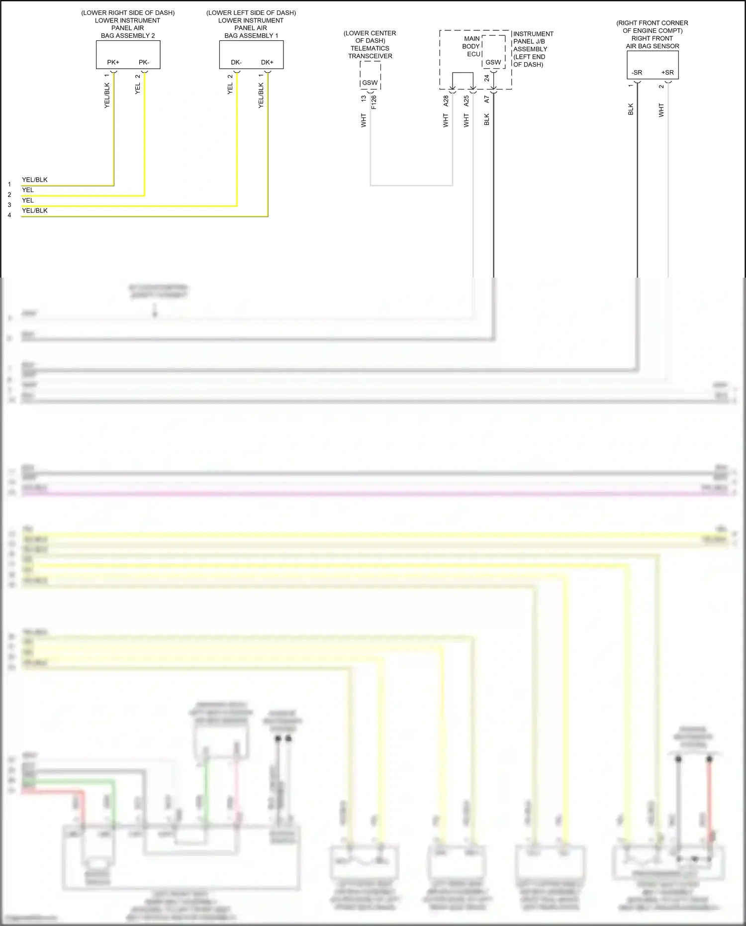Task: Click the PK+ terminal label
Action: tap(113, 62)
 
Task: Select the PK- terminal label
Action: tap(144, 62)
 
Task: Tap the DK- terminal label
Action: tap(236, 62)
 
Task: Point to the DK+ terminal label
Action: tap(267, 62)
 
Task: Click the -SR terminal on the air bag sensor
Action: tap(637, 73)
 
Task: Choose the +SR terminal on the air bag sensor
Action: tap(667, 73)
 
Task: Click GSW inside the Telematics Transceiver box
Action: tap(370, 83)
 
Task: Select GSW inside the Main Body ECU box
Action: tap(493, 62)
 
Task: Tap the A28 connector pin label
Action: tap(446, 101)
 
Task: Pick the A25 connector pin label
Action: tap(466, 101)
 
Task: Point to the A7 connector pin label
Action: tap(487, 100)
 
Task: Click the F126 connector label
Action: tap(374, 102)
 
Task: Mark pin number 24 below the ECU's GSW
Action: tap(487, 79)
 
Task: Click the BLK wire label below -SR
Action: tap(631, 109)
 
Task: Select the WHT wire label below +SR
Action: tap(661, 110)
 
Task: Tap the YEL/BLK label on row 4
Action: tap(35, 210)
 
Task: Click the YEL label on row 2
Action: tap(28, 190)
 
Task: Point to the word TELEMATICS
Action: tap(370, 48)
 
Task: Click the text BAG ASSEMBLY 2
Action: tap(128, 36)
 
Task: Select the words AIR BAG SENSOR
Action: tap(653, 46)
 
